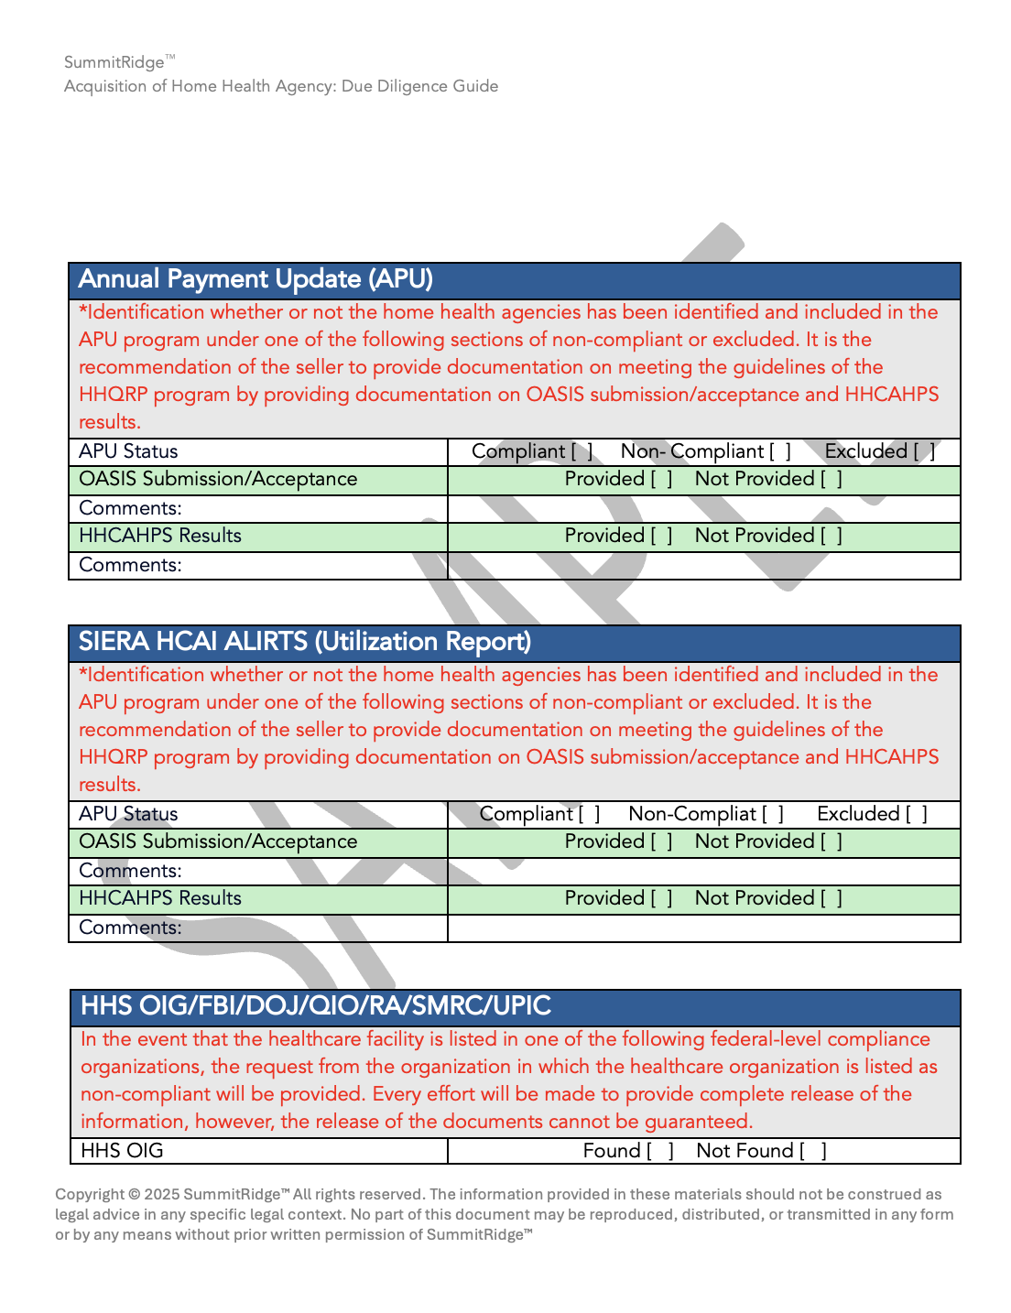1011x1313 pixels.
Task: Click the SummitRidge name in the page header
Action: tap(114, 62)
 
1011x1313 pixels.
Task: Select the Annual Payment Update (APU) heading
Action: tap(255, 279)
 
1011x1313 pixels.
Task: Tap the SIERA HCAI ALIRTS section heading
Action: tap(304, 642)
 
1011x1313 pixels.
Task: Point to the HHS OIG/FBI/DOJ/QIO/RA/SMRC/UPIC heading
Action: tap(315, 1006)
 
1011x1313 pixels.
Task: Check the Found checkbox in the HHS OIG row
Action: tap(660, 1151)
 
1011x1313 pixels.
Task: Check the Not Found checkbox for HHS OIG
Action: tap(813, 1151)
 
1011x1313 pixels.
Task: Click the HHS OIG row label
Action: tap(122, 1151)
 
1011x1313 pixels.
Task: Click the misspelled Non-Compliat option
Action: tap(692, 814)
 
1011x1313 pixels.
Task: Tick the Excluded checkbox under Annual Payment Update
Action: tap(923, 451)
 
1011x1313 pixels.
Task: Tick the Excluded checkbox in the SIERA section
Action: tap(916, 814)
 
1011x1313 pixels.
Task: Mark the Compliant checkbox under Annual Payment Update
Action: tap(582, 451)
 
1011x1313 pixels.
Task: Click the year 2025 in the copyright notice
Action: tap(162, 1194)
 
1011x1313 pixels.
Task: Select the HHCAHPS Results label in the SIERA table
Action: tap(160, 898)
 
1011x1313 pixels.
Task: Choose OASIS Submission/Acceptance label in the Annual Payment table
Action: tap(218, 479)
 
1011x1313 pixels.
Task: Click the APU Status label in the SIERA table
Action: tap(128, 814)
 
